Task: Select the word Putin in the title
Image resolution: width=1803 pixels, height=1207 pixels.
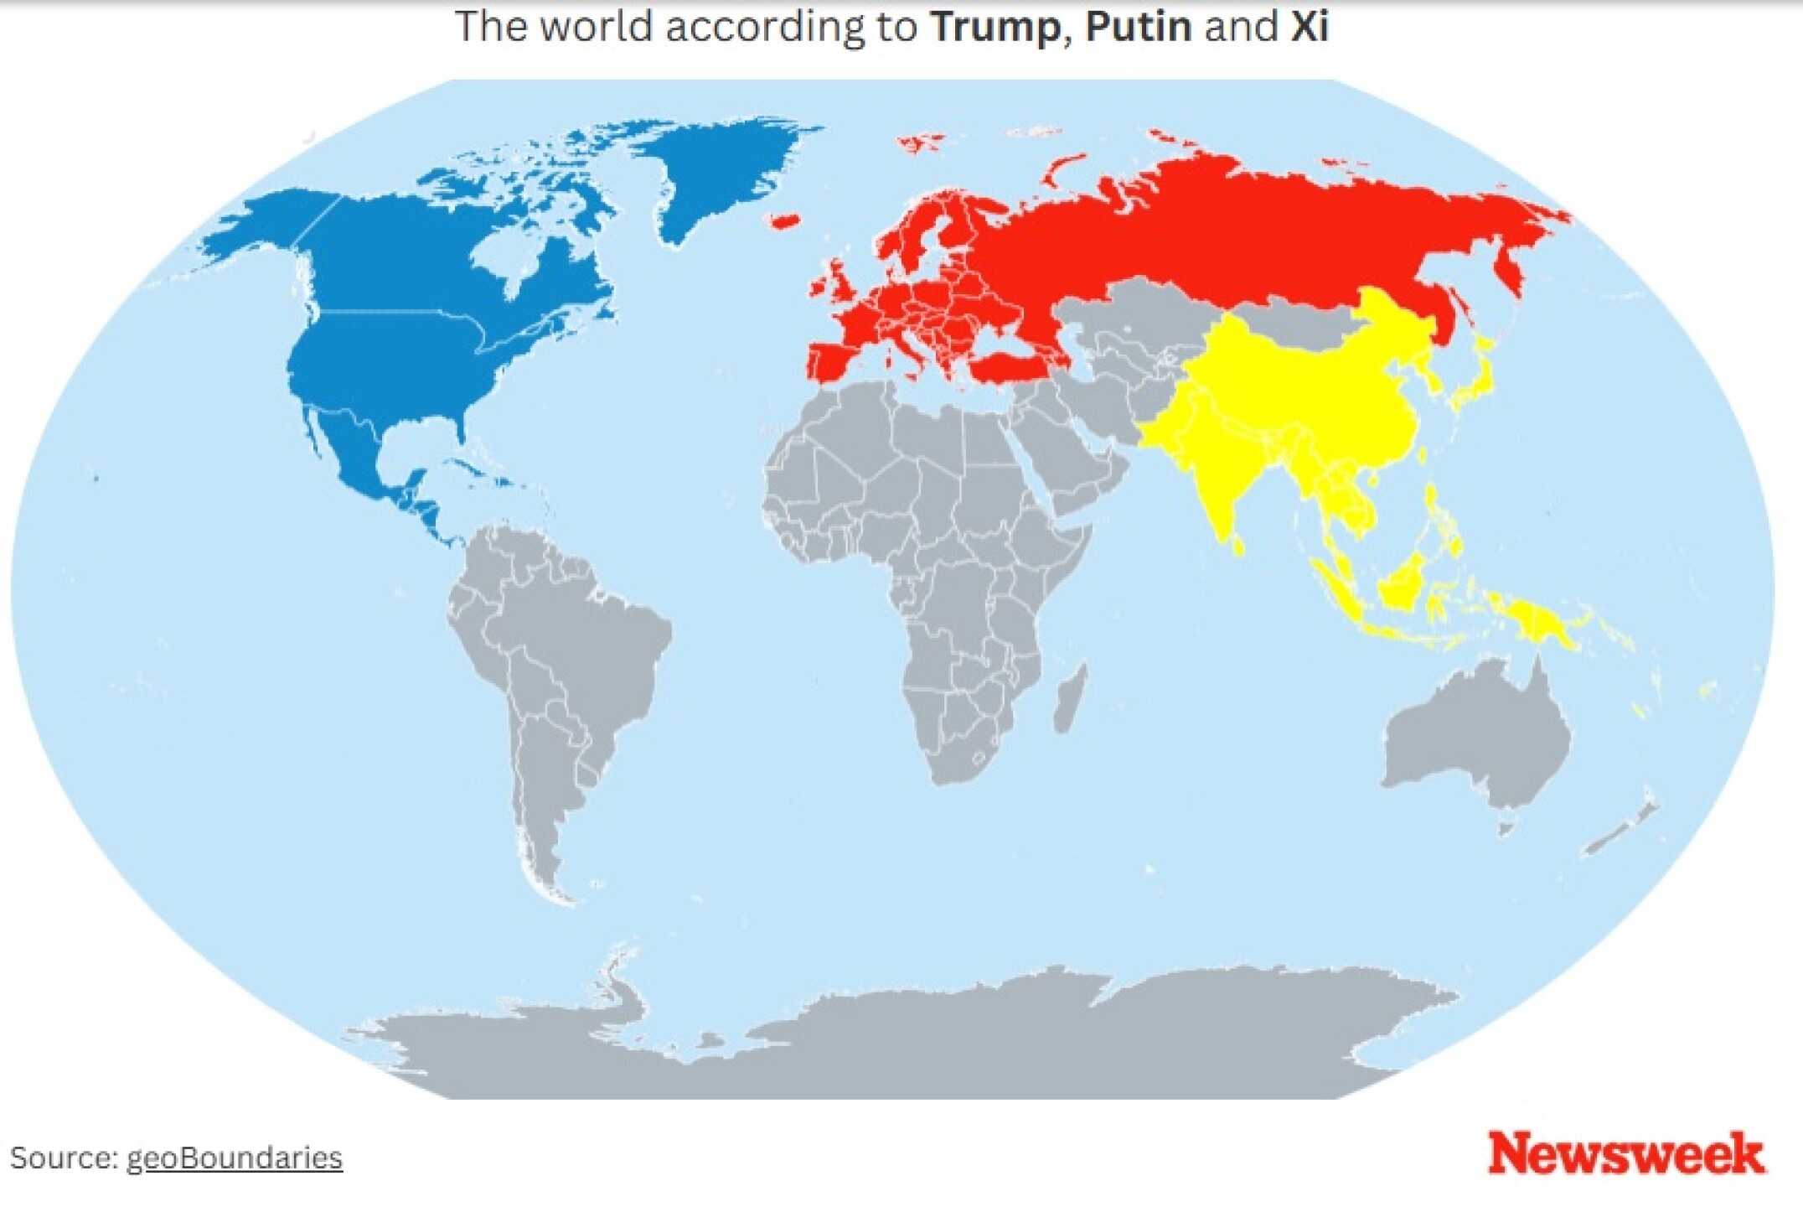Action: point(1138,27)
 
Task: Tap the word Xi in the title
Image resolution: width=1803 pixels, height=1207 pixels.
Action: point(1309,27)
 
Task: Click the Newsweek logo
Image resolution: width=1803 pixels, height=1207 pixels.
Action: point(1625,1154)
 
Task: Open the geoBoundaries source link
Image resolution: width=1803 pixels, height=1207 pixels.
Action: point(234,1158)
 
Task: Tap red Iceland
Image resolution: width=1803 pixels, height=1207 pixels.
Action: point(783,221)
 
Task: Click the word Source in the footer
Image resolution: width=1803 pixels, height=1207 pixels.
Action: point(62,1158)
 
